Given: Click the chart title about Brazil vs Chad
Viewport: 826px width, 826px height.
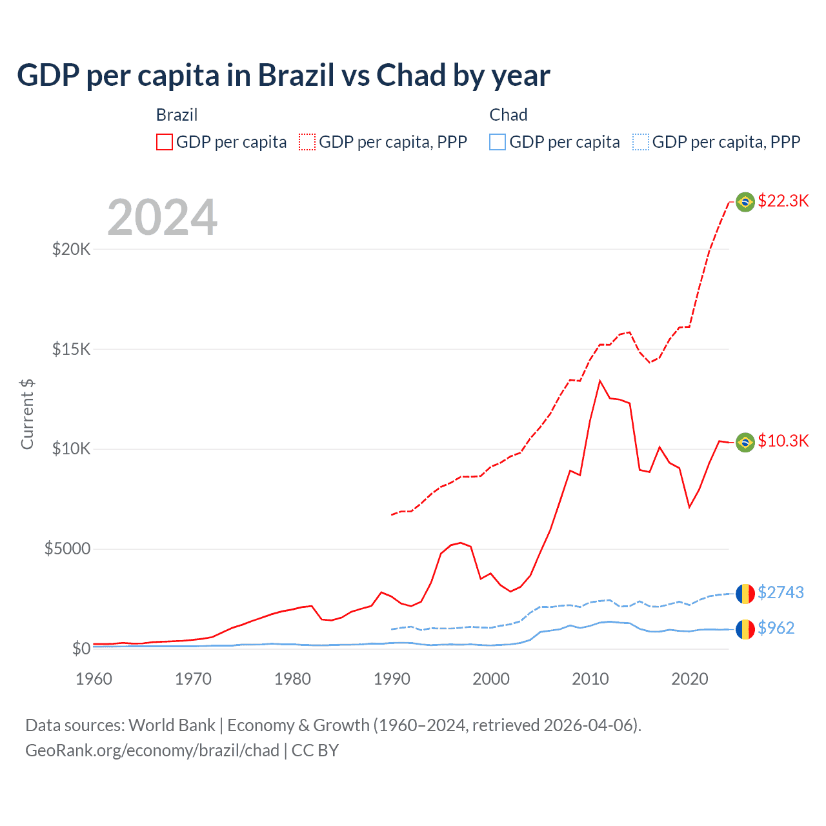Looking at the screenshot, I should click(283, 76).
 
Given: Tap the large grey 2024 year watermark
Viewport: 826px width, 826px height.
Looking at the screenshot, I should click(162, 217).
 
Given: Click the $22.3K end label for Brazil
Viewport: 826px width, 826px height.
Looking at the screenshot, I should click(783, 201).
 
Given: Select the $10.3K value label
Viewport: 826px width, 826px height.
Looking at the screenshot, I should click(783, 441).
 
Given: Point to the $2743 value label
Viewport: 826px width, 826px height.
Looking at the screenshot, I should click(780, 592).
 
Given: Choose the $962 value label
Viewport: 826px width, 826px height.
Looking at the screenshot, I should click(776, 628).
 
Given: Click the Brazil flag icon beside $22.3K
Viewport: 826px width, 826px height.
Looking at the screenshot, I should click(745, 202).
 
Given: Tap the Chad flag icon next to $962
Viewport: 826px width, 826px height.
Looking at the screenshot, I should click(745, 629).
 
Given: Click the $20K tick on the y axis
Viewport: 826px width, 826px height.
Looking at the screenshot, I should click(71, 249).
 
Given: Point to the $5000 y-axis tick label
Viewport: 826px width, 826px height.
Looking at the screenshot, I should click(67, 549).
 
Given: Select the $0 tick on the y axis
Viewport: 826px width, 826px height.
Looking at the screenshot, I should click(81, 649).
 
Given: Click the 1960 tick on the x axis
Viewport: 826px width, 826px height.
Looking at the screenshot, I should click(94, 679).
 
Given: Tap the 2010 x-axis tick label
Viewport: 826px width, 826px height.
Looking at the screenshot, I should click(590, 679).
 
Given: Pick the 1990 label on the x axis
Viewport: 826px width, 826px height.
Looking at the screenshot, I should click(392, 679).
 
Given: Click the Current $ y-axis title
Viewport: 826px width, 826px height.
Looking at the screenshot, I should click(27, 414).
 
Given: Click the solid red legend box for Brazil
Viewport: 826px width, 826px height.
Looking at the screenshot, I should click(165, 142).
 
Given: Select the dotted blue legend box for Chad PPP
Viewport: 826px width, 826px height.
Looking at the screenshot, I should click(641, 142).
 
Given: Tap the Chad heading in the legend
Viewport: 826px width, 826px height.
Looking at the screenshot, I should click(509, 115).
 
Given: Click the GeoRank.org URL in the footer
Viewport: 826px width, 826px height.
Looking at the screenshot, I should click(152, 750).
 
